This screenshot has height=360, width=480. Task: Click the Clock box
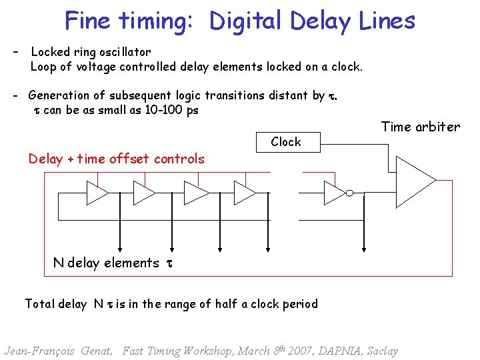286,141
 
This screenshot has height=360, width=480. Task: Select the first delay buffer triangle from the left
97,193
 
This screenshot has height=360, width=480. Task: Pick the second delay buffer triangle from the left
143,193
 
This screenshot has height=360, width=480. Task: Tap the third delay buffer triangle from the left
195,193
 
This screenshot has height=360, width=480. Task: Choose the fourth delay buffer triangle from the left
245,193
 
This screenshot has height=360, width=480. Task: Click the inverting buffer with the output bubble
335,193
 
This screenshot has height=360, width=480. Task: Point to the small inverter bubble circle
349,193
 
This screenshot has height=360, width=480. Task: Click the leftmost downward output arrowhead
121,250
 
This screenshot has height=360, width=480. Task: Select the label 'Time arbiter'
420,127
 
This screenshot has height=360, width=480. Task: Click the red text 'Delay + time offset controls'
116,159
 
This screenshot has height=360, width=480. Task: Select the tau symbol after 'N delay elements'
169,263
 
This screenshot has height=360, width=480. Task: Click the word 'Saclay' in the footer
379,351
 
